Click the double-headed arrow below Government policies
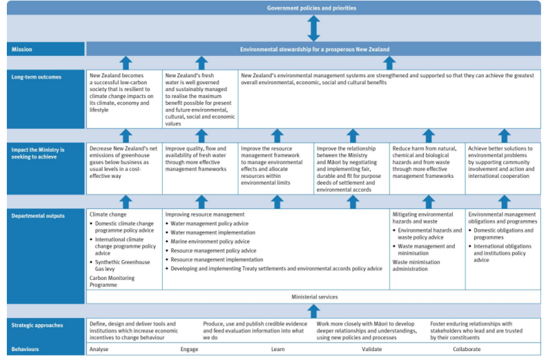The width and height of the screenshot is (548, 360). (x=314, y=28)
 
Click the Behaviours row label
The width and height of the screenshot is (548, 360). (x=25, y=349)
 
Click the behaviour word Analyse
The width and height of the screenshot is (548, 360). (x=99, y=349)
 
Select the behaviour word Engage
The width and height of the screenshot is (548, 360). (x=189, y=349)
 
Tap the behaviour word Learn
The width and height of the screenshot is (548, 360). (x=277, y=349)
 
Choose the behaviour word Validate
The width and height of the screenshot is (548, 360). (x=372, y=349)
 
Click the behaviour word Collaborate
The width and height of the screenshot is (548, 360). (x=467, y=349)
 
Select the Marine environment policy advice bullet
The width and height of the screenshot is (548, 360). (x=210, y=242)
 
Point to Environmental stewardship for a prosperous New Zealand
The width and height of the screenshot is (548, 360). (x=314, y=50)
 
